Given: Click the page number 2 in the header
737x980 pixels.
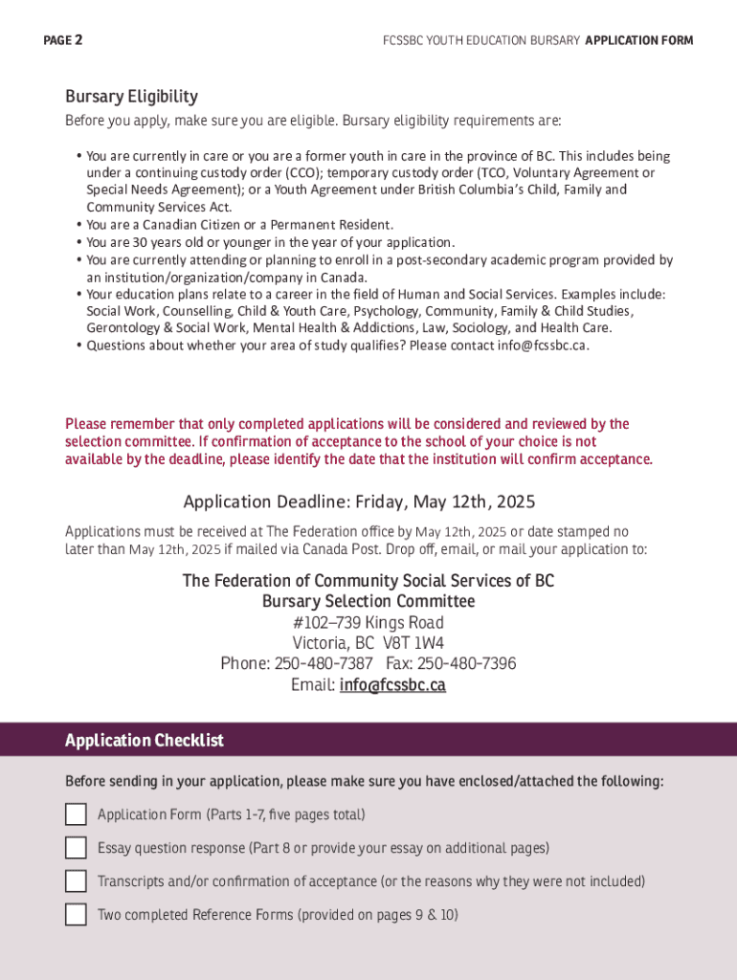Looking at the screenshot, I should click(x=78, y=40).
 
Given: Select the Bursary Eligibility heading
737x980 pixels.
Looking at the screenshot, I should click(x=131, y=97).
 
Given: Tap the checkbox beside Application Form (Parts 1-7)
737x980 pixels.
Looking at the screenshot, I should click(x=76, y=814).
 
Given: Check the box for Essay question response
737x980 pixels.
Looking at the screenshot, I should click(x=76, y=848).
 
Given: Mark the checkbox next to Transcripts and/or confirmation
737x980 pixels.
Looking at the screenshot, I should click(x=76, y=881).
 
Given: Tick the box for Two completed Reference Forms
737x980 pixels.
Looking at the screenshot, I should click(x=76, y=915).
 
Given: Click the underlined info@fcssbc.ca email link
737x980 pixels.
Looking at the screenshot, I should click(x=392, y=685).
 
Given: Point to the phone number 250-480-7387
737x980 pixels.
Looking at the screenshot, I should click(x=324, y=664).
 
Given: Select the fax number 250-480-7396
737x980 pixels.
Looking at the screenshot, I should click(x=467, y=664).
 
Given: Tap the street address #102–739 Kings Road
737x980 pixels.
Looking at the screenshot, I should click(x=368, y=622).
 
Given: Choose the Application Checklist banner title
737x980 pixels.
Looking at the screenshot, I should click(x=145, y=741).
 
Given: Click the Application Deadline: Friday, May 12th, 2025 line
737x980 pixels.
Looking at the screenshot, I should click(x=359, y=502).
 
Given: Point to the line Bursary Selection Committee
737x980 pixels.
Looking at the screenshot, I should click(x=368, y=601).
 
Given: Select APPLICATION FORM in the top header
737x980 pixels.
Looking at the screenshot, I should click(x=638, y=40).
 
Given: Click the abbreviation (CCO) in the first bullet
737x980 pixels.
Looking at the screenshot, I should click(x=303, y=173).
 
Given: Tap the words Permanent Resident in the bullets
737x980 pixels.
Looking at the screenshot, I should click(x=336, y=225).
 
